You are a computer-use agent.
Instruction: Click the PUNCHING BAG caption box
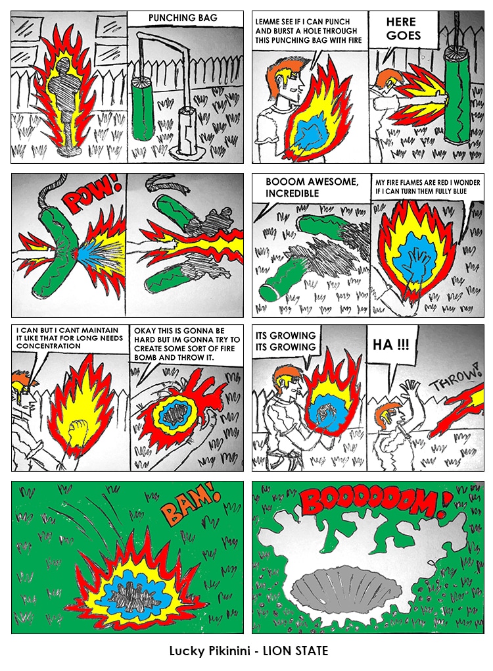185,19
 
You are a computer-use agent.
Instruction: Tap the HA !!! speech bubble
390,345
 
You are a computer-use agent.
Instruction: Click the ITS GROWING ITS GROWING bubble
286,341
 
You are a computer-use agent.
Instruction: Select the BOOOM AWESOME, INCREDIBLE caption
311,187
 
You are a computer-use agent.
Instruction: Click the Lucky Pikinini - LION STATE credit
248,651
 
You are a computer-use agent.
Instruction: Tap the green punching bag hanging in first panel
143,109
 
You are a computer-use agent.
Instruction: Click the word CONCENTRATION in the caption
48,346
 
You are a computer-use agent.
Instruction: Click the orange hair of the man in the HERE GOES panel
388,76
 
